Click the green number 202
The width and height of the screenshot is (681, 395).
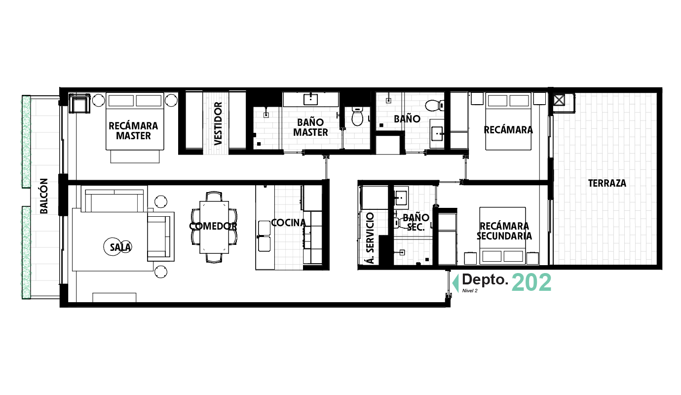click(x=531, y=283)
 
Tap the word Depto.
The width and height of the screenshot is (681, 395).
click(x=485, y=280)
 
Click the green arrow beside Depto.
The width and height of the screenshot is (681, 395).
click(x=455, y=282)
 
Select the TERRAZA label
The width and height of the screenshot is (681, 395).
click(x=606, y=183)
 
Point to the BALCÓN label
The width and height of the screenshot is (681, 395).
click(x=44, y=196)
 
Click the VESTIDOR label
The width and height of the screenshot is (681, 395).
click(x=218, y=123)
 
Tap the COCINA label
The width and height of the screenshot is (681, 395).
click(x=288, y=223)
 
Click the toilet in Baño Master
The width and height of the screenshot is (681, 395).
click(x=357, y=117)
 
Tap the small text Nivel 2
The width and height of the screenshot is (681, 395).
click(x=469, y=291)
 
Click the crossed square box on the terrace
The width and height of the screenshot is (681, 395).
click(x=559, y=100)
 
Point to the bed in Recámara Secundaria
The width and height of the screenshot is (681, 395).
click(x=502, y=235)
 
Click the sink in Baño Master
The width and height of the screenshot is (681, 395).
click(x=310, y=98)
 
